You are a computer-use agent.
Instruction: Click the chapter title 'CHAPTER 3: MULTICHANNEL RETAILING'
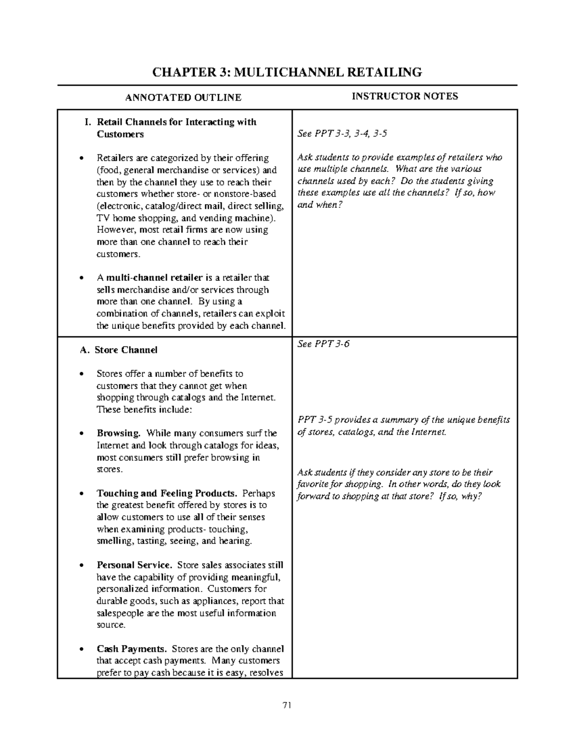[x=287, y=72]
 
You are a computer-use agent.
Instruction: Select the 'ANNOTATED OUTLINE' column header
[x=183, y=98]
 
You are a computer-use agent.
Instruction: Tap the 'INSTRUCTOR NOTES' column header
[x=405, y=96]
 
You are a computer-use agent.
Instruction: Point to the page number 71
[x=287, y=705]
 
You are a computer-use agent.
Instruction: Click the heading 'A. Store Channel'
[x=119, y=350]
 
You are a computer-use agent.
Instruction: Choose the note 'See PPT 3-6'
[x=323, y=344]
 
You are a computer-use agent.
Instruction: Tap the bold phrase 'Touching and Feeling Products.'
[x=167, y=493]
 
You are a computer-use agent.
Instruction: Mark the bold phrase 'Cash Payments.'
[x=132, y=649]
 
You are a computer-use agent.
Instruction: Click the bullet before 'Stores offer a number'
[x=83, y=374]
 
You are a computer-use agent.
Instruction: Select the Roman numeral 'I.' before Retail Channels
[x=88, y=122]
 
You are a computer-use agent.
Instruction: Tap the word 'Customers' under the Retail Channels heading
[x=120, y=134]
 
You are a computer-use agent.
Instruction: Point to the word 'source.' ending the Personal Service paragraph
[x=111, y=625]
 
